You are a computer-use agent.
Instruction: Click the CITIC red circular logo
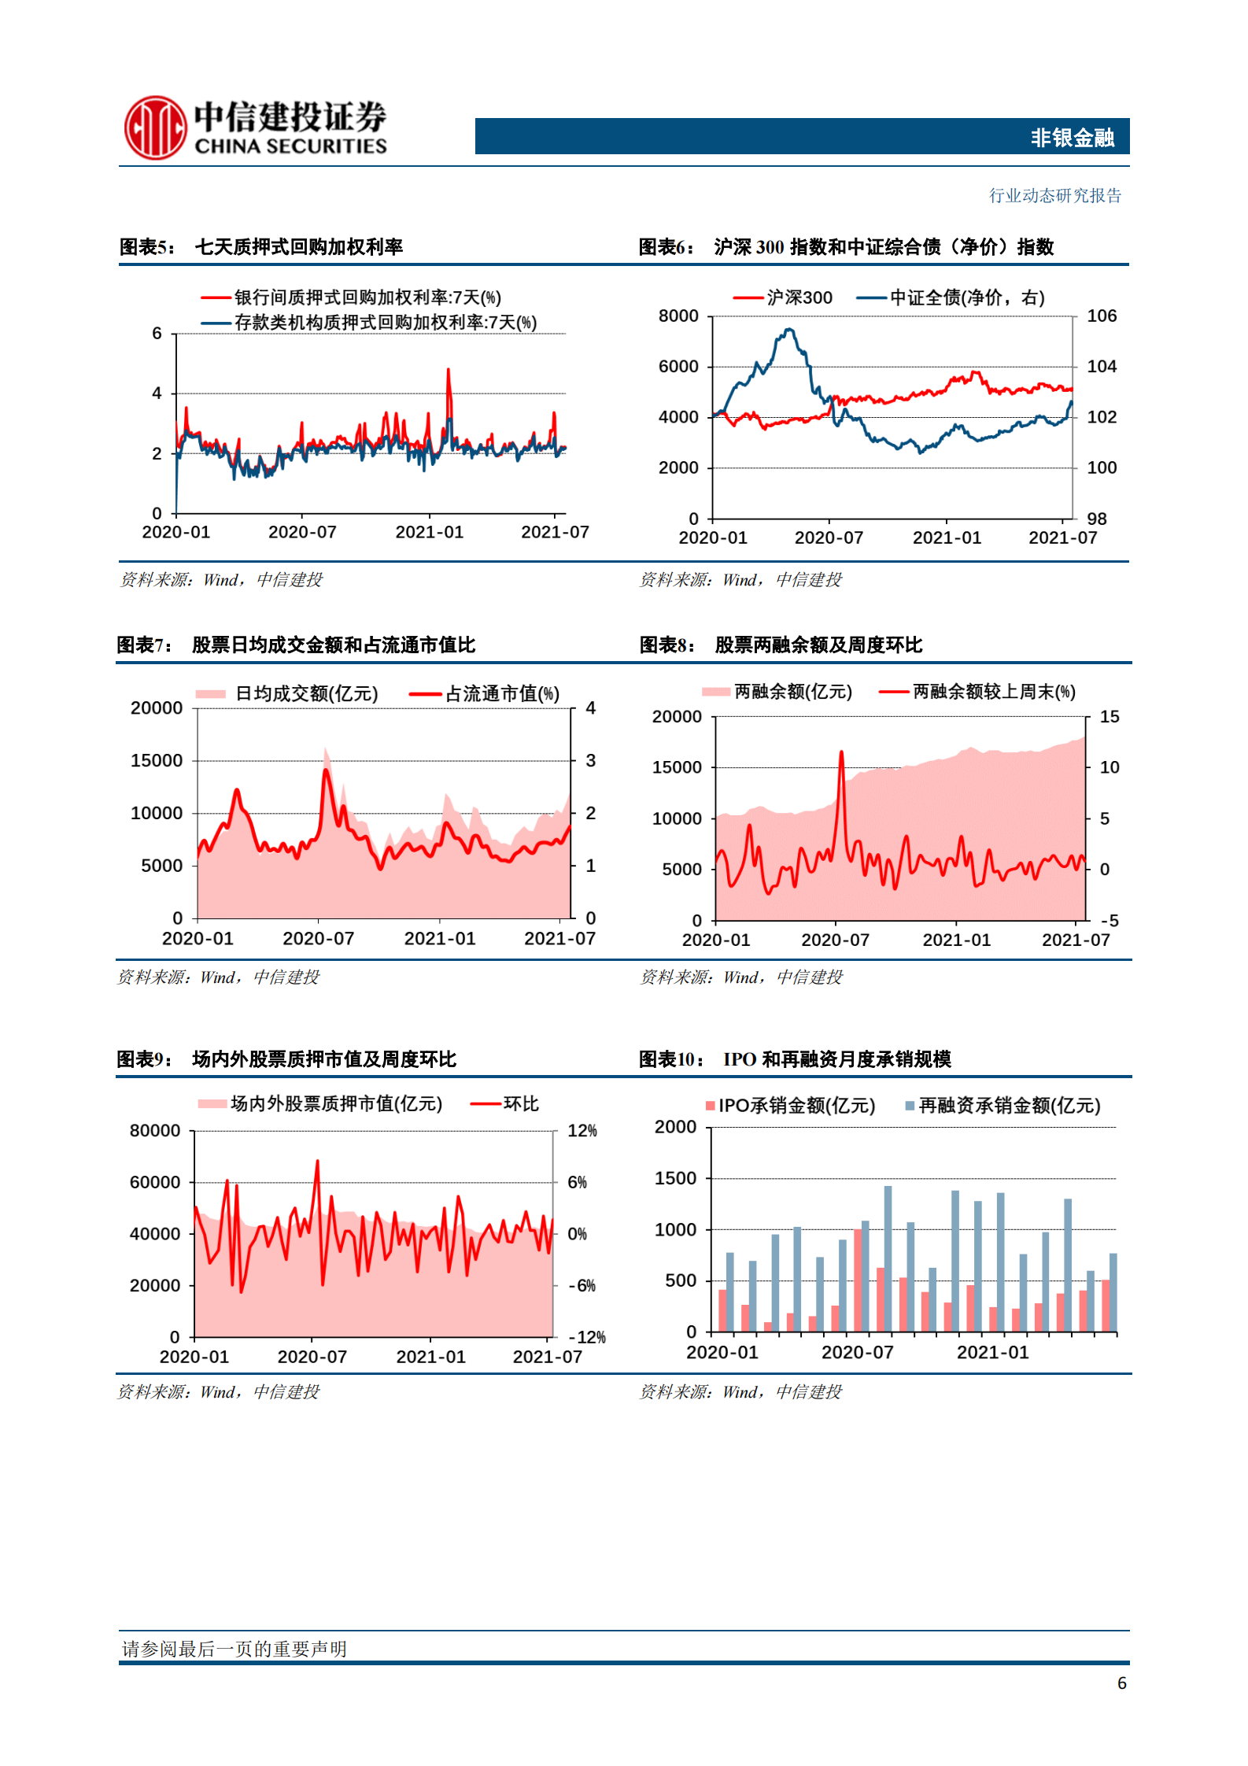155,127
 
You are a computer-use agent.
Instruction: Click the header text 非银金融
1072,138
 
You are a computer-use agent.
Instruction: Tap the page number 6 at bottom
1121,1683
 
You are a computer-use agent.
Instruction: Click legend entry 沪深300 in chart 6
799,297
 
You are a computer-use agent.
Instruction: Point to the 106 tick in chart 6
1102,316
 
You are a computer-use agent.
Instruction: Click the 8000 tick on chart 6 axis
678,316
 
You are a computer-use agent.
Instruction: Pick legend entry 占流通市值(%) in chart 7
502,693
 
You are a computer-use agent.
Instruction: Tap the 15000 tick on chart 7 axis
157,760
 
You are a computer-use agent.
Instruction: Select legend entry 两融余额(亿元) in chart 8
792,692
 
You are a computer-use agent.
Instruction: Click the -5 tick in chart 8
1110,921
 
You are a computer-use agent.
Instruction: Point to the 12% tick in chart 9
582,1131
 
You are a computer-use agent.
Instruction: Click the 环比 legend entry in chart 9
521,1104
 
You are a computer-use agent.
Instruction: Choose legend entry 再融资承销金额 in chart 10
1009,1106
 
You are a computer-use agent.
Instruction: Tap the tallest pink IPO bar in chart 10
858,1280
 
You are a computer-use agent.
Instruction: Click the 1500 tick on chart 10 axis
675,1178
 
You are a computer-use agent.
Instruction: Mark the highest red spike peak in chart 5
449,370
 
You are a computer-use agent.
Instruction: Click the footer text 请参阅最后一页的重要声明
234,1649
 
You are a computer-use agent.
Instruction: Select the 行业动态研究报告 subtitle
1054,195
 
